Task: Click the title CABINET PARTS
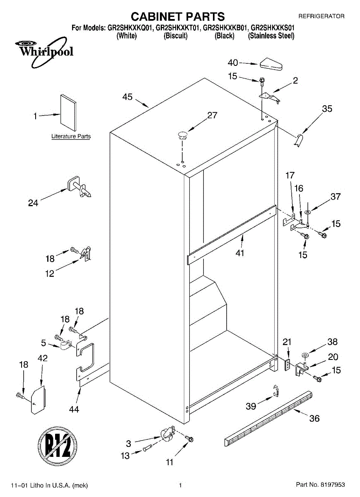178,17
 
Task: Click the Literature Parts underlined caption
71,136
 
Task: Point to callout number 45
128,97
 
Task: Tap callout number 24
33,203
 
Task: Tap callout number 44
74,409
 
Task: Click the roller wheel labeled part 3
167,434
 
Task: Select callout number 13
125,455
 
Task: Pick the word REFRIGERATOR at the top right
321,16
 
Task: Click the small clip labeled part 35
300,140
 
